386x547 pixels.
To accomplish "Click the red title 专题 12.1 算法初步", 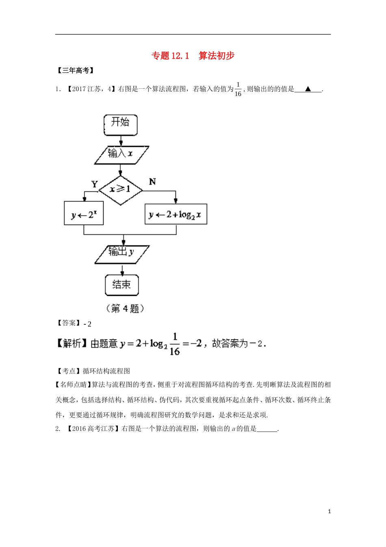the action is tap(193, 56).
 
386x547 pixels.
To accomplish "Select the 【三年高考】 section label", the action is tap(75, 71).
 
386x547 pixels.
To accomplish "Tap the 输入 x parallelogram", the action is tap(121, 154).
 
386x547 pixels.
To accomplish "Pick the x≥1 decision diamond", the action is tap(121, 189).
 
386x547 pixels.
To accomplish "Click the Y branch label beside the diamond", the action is tap(95, 184).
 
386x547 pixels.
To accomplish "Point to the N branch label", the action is tap(152, 182).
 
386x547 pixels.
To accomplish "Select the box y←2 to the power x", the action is tap(84, 214).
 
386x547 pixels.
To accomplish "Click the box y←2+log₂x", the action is tap(176, 214).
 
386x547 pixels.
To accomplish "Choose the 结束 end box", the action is tap(121, 284).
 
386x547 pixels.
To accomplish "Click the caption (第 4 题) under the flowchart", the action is tap(125, 309).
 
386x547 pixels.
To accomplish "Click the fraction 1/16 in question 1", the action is tap(238, 89).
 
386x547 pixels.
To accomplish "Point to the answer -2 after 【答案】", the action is tap(88, 324).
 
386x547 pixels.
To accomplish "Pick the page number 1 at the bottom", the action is tap(329, 511).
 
